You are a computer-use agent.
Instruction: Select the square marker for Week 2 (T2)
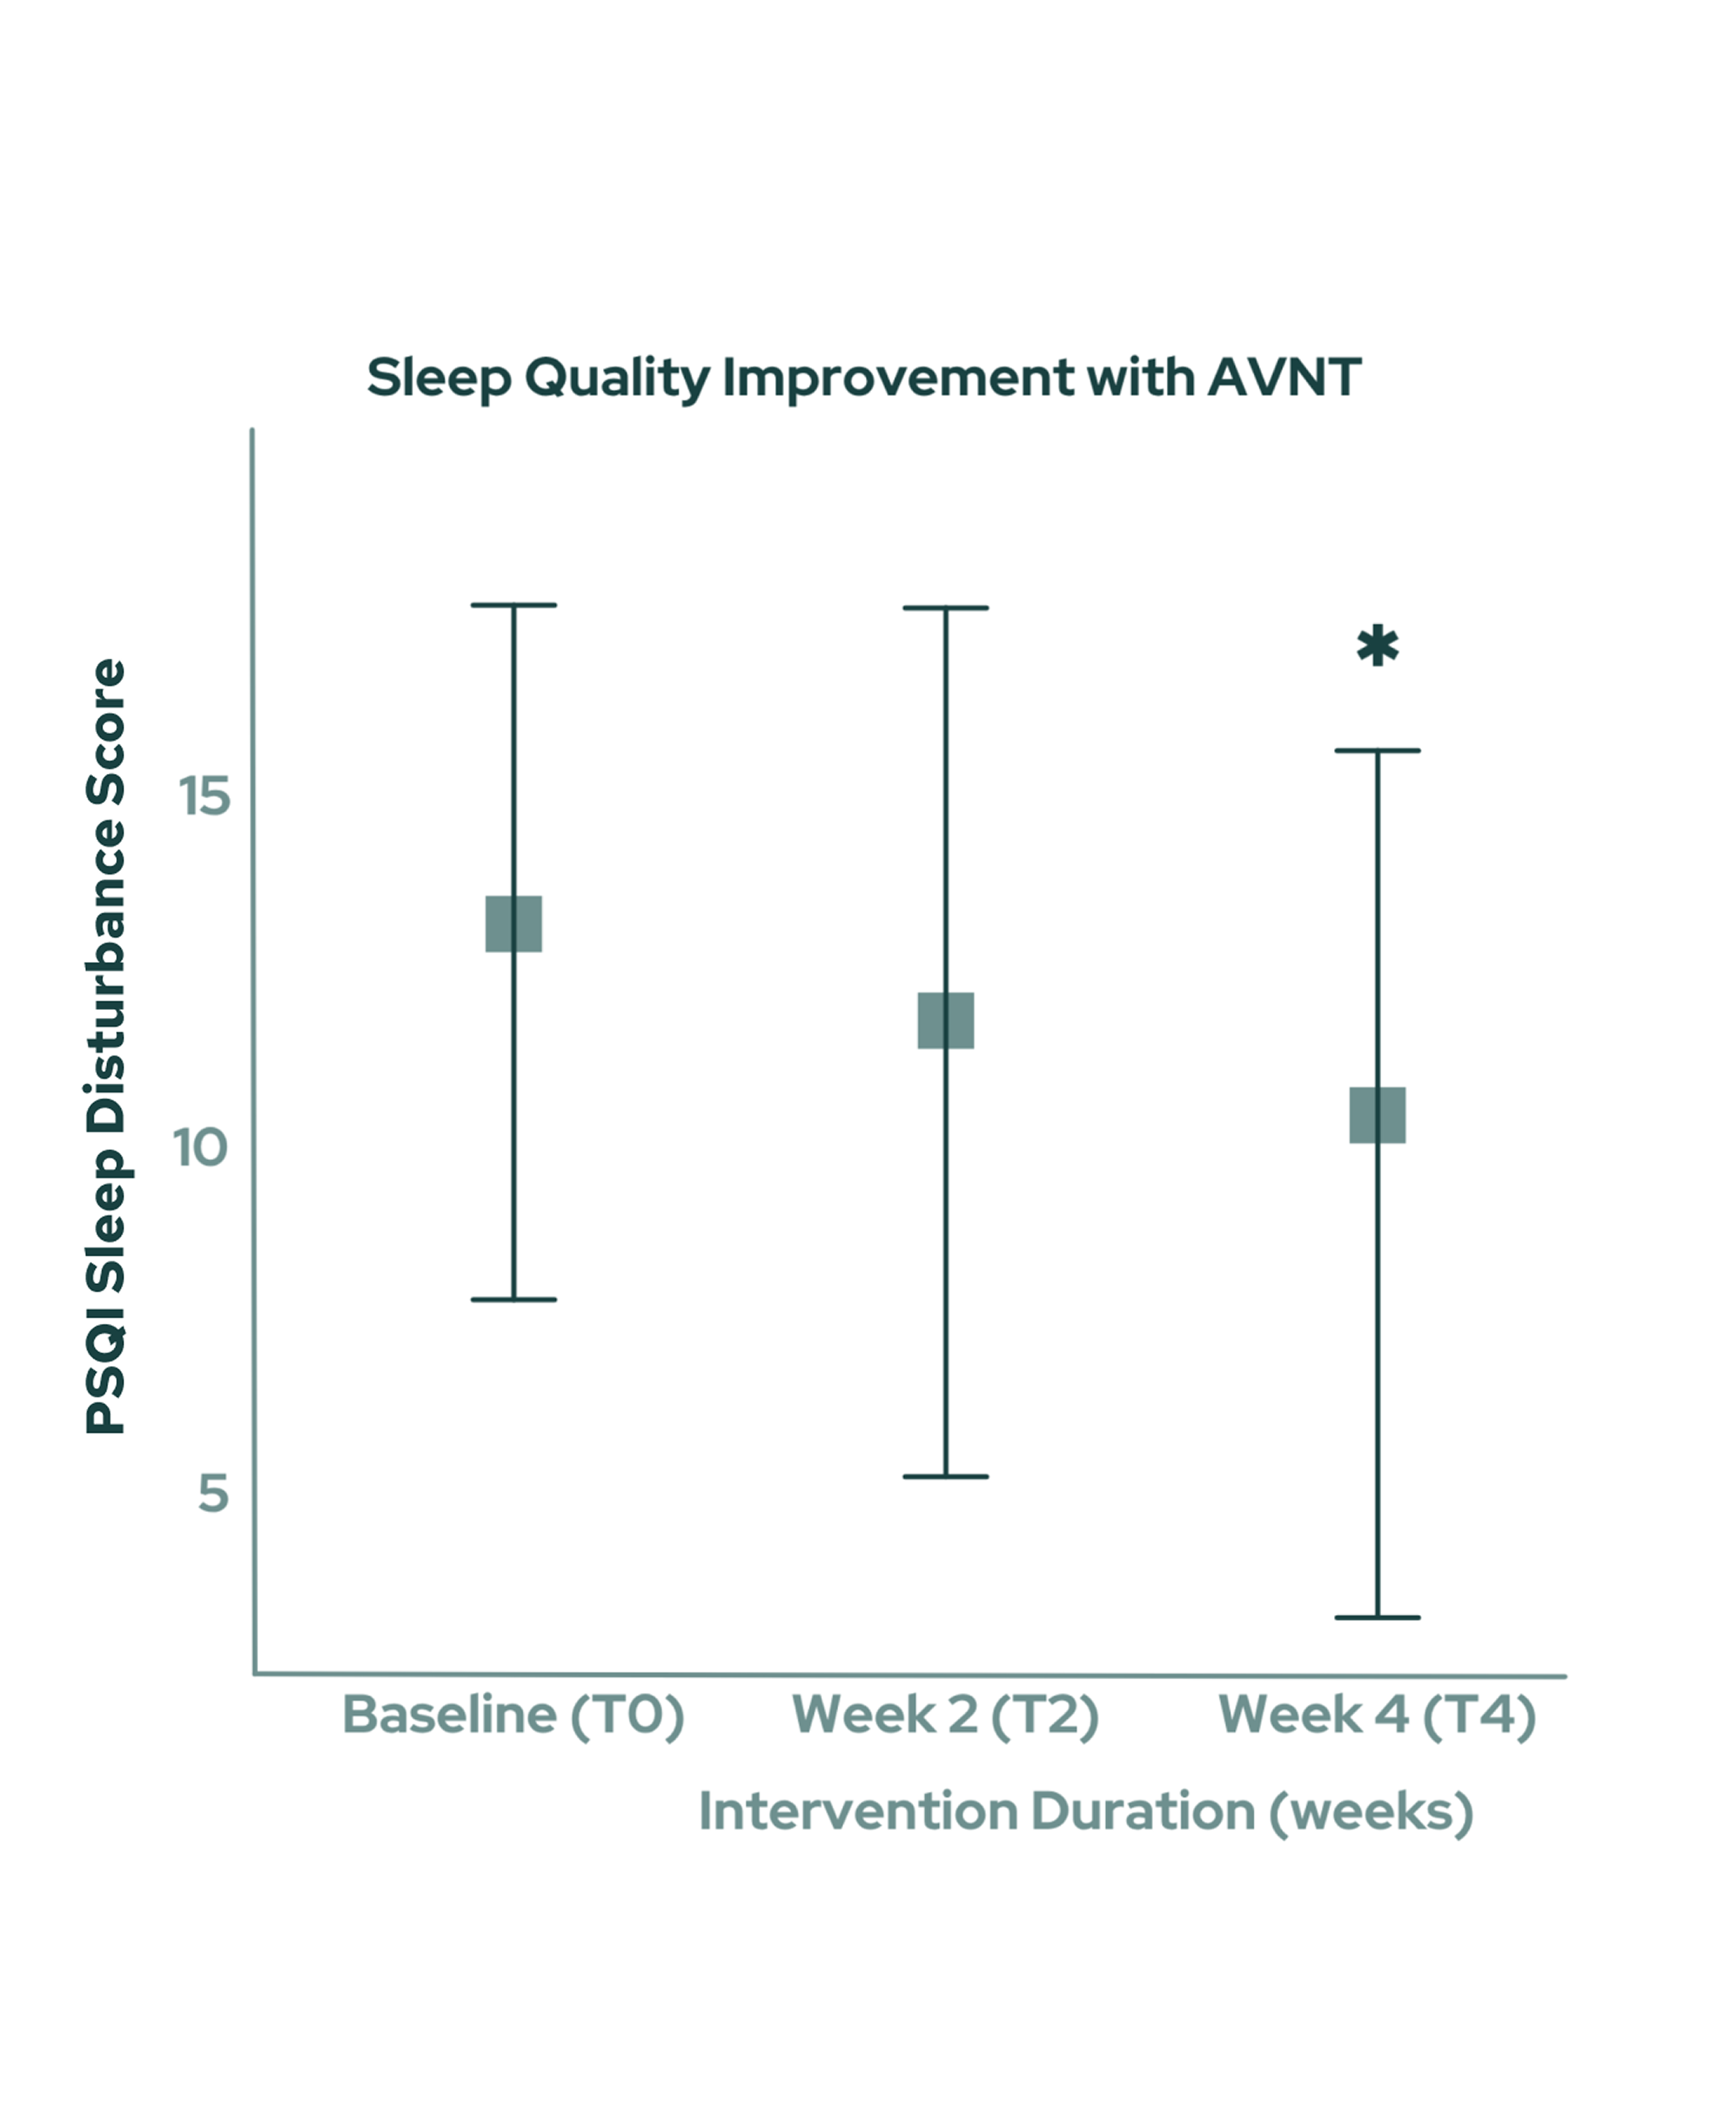(945, 1020)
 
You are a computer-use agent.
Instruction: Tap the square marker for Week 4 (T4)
(1377, 1115)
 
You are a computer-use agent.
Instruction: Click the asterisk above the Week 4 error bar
(1377, 646)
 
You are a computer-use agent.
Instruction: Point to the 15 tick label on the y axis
(204, 796)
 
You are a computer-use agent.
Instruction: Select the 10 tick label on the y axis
(200, 1148)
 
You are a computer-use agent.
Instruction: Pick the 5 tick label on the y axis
(213, 1494)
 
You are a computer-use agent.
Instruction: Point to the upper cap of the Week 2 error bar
(945, 608)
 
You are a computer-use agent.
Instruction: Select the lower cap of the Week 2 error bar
(945, 1476)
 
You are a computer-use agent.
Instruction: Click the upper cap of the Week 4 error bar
(1377, 750)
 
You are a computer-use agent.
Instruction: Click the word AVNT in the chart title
(1284, 377)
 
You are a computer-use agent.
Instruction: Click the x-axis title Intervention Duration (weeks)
(1085, 1811)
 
